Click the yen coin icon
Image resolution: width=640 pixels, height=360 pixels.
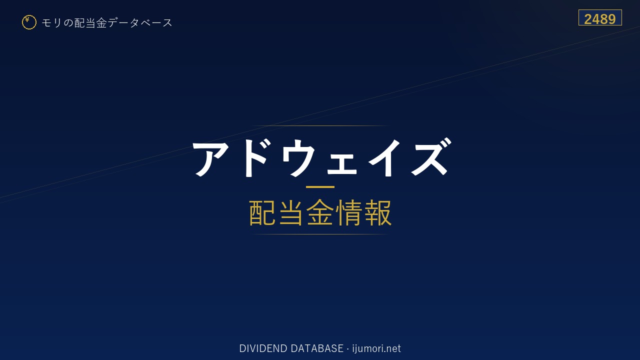pos(29,22)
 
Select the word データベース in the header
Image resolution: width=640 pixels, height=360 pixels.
pos(140,23)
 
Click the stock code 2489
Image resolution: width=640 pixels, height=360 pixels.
pos(600,19)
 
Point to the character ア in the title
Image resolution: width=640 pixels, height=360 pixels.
pos(211,158)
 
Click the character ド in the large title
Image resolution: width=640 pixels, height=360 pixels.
pos(254,158)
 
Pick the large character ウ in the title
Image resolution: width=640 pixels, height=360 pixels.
pos(298,158)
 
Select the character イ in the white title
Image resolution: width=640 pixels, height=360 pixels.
pos(384,158)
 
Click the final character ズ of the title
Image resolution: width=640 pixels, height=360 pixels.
pos(430,157)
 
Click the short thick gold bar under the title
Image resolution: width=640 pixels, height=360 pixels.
pos(320,187)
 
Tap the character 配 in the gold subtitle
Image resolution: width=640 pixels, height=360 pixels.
pos(262,213)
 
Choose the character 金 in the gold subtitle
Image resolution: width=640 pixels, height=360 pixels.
pos(320,213)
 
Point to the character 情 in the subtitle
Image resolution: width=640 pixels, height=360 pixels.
pos(348,213)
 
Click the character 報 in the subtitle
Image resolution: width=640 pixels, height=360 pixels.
pos(377,213)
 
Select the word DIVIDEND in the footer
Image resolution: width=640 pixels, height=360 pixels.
pos(263,348)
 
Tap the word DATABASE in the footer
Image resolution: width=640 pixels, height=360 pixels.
pos(317,348)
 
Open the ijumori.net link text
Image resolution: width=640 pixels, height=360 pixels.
pos(376,348)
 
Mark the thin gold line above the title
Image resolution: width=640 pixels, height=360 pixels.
pos(320,125)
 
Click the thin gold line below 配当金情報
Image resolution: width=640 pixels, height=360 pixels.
pos(320,234)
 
